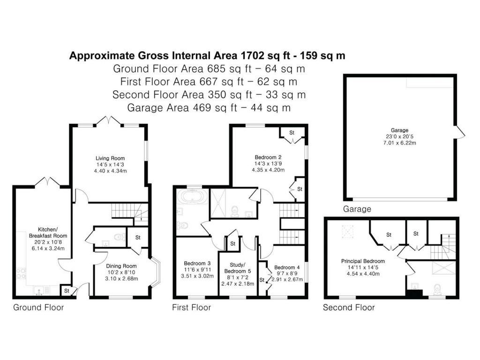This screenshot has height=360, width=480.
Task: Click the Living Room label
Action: [x=110, y=158]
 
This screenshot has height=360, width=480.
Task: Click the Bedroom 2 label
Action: [x=268, y=157]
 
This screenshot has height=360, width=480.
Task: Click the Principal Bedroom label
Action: [x=363, y=261]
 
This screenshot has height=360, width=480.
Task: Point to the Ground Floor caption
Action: [x=38, y=307]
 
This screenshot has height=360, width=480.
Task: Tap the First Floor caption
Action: [x=191, y=307]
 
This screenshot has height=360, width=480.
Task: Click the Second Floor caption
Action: [x=349, y=307]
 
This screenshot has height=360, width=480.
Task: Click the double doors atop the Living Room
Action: [x=109, y=120]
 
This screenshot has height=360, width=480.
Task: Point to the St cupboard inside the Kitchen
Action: [x=67, y=291]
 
